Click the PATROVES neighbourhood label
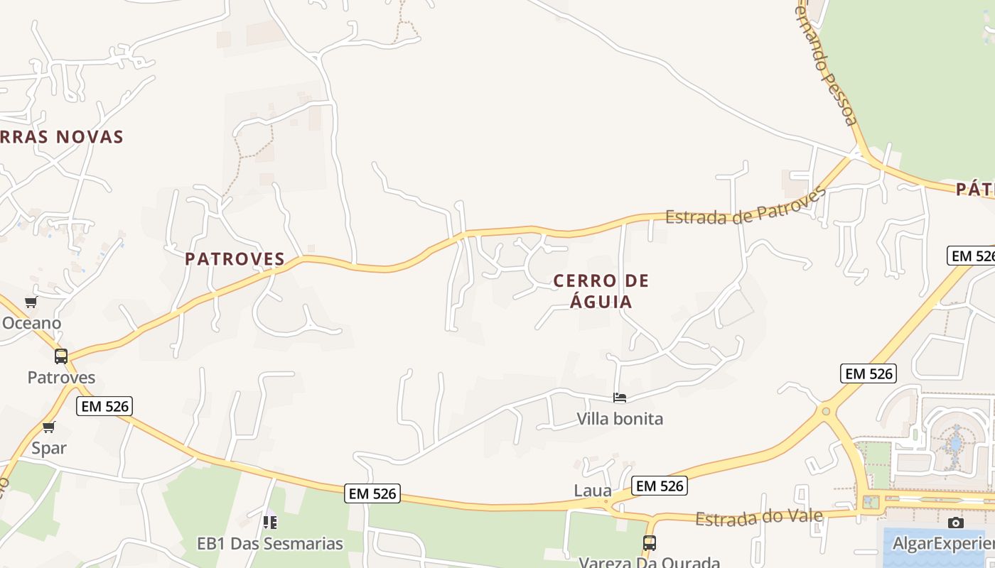(x=235, y=259)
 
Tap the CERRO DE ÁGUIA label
(x=601, y=291)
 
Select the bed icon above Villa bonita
(x=620, y=398)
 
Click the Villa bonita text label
(x=620, y=419)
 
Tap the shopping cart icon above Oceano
(x=31, y=303)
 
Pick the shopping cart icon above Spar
(x=48, y=427)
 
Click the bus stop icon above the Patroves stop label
(x=61, y=356)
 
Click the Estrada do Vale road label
(x=758, y=518)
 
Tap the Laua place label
(x=593, y=491)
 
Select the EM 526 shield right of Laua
(x=659, y=486)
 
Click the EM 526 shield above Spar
(x=105, y=406)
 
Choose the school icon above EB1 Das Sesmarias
(x=270, y=523)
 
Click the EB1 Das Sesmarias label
(x=270, y=545)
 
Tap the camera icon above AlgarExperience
(x=956, y=523)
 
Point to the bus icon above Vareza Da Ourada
(x=649, y=543)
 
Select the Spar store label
(x=49, y=448)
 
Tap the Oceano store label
(x=31, y=323)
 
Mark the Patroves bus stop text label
(x=61, y=377)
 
